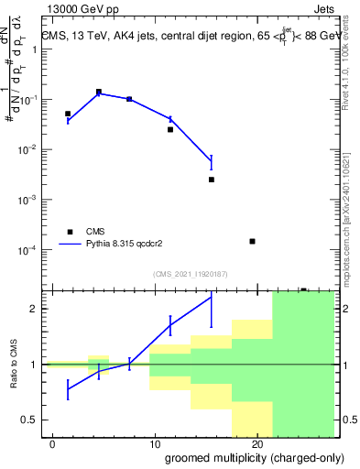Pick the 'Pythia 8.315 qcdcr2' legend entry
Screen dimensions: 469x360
[x=119, y=245]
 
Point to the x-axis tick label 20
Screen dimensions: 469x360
[x=256, y=444]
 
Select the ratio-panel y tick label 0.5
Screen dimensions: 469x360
[x=30, y=420]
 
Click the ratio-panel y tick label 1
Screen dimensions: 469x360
[x=35, y=365]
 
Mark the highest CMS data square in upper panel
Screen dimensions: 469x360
[x=99, y=92]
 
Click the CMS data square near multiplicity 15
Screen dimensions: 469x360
[x=212, y=180]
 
